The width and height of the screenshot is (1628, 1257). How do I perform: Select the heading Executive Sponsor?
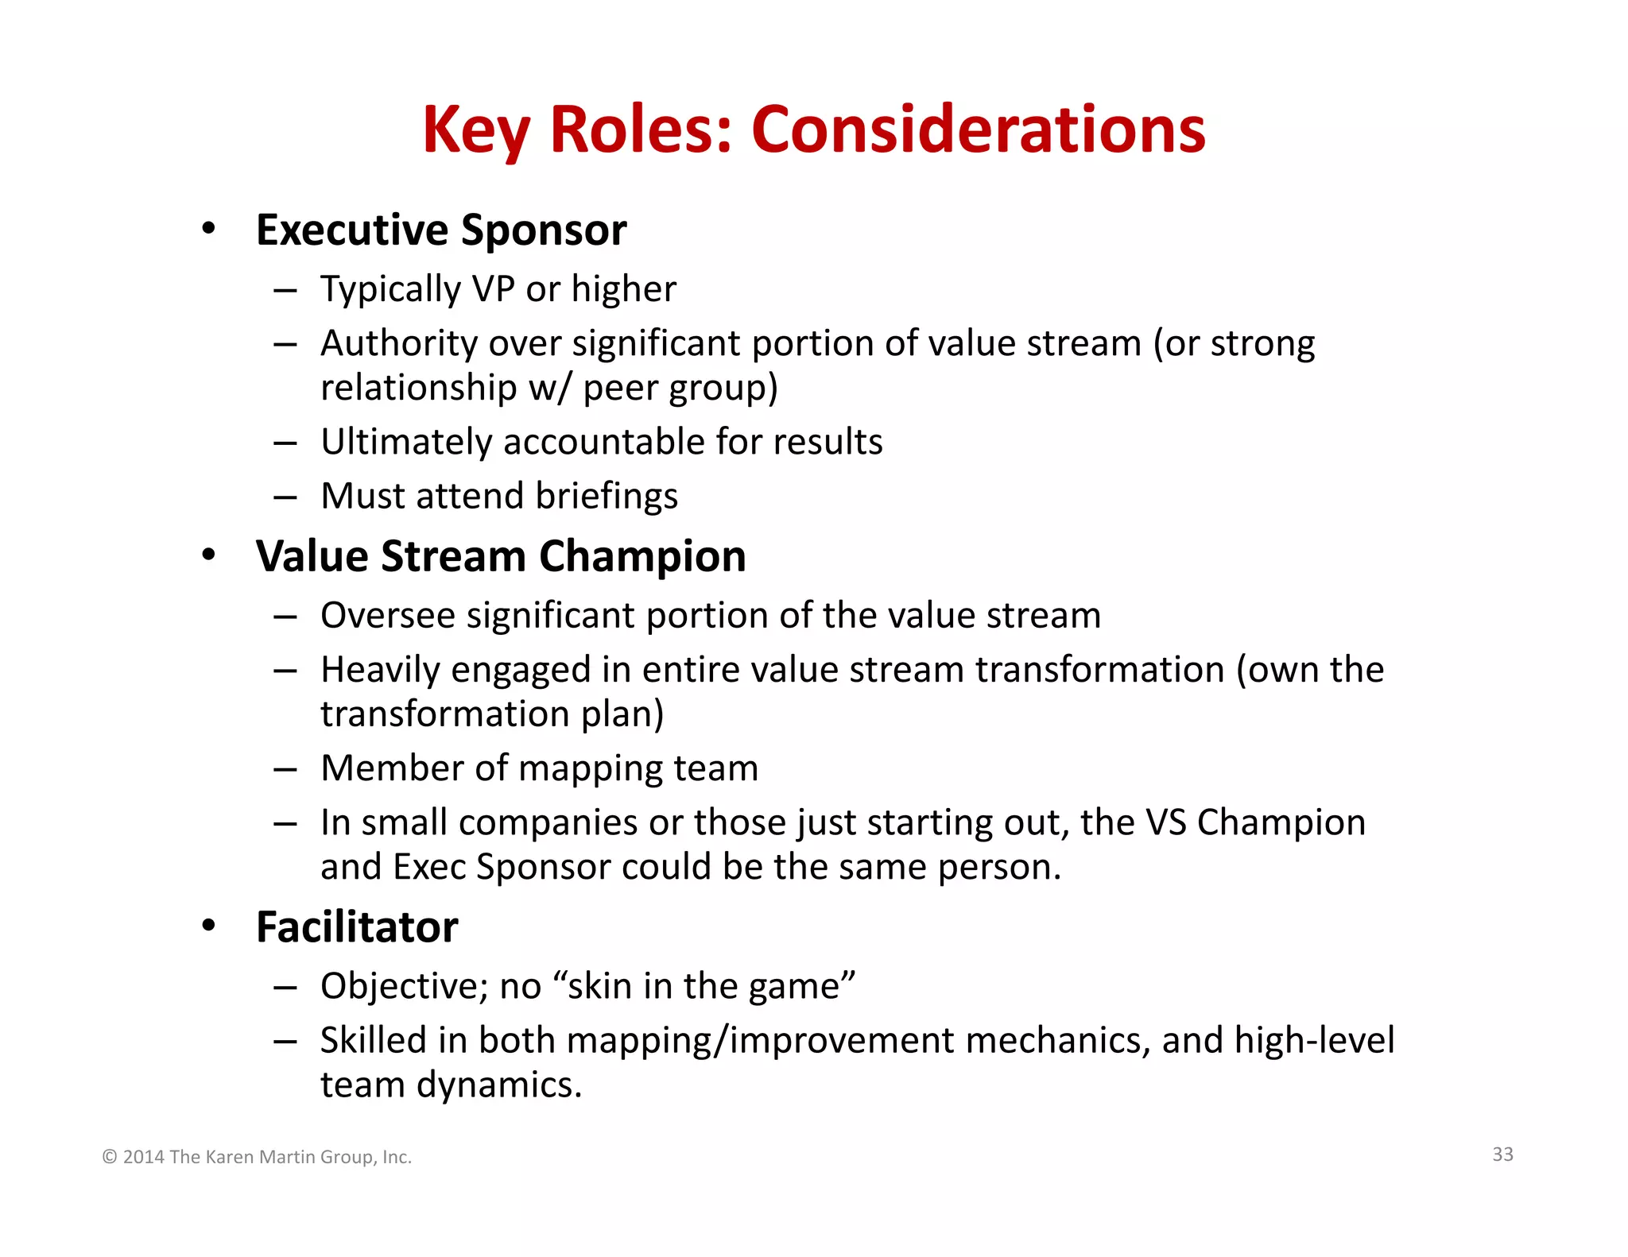(441, 230)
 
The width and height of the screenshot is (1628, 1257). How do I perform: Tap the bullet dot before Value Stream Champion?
(208, 555)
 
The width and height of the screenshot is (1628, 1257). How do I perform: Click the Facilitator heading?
(357, 927)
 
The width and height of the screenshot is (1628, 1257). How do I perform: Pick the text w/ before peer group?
(549, 388)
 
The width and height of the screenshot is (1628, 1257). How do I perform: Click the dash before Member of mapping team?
(285, 769)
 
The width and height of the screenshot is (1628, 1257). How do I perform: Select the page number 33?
(1502, 1155)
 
